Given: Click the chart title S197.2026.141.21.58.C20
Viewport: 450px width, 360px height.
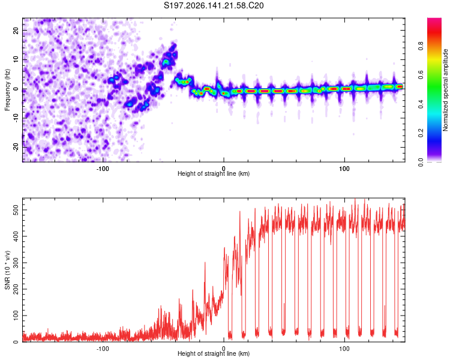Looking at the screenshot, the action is click(x=214, y=5).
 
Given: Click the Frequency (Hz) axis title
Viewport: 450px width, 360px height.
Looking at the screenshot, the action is click(x=7, y=90).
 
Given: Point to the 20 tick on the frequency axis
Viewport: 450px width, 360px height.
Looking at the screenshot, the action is click(x=16, y=30).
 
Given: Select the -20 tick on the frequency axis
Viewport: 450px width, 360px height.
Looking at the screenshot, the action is click(x=16, y=147).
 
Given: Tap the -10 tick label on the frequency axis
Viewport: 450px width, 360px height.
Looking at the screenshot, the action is click(x=16, y=118).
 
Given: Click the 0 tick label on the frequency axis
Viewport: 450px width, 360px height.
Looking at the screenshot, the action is click(x=16, y=89).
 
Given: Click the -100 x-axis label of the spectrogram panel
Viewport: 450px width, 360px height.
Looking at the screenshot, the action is click(x=103, y=169).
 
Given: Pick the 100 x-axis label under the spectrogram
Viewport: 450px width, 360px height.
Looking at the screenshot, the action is click(x=344, y=169).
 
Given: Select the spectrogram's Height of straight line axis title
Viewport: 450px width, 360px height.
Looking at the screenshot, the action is click(x=214, y=173).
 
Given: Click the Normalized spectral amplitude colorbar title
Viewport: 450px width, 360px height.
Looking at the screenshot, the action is click(x=445, y=90).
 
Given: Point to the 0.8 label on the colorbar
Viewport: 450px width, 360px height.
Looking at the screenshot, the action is click(x=421, y=46).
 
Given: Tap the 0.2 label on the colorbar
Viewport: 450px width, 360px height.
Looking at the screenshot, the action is click(x=421, y=133).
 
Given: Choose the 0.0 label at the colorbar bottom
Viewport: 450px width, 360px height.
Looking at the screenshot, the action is click(x=421, y=162).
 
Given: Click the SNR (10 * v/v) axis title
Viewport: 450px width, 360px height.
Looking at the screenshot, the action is click(x=7, y=270).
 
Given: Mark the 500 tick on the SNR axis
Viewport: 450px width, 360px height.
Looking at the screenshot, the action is click(x=16, y=210).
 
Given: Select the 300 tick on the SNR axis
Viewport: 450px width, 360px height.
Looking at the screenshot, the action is click(x=16, y=263).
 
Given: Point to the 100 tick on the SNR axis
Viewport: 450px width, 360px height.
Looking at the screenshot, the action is click(x=16, y=316).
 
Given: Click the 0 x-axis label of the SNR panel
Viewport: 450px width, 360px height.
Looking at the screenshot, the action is click(x=224, y=349).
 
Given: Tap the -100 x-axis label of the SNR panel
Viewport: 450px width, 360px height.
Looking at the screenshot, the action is click(x=103, y=349).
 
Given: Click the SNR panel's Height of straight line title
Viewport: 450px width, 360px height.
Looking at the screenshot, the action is click(x=214, y=353).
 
